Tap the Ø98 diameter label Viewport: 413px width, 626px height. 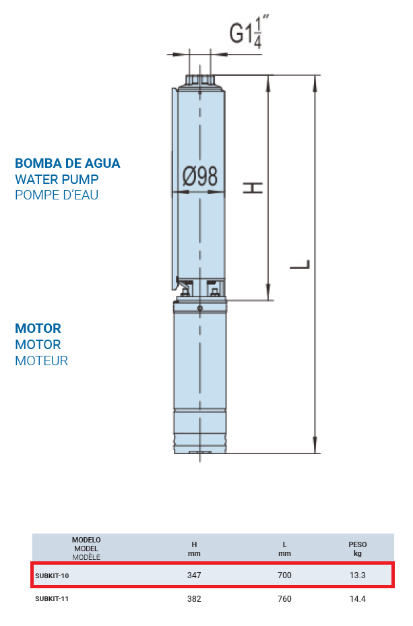(x=200, y=176)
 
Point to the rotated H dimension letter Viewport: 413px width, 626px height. (x=253, y=187)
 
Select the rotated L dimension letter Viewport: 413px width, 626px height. (x=300, y=264)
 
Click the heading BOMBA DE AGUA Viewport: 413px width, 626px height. (x=67, y=163)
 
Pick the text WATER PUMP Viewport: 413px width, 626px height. (x=57, y=179)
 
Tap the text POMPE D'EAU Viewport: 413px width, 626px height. (x=57, y=195)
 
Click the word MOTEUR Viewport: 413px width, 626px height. (x=42, y=361)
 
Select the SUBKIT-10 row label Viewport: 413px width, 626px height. (x=52, y=575)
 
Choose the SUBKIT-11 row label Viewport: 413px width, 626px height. (x=52, y=599)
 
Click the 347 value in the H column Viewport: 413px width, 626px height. (x=194, y=575)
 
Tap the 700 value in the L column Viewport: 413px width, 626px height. (x=284, y=575)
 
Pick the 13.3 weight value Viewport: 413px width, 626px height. (x=358, y=575)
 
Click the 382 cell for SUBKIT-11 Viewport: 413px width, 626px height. (x=194, y=599)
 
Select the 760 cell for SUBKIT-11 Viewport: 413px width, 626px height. (x=284, y=599)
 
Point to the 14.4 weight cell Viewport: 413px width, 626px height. (x=358, y=599)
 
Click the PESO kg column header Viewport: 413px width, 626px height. (x=358, y=549)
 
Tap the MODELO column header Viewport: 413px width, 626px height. (x=86, y=540)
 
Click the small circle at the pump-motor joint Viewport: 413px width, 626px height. (x=200, y=308)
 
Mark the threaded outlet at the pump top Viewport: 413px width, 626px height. (x=200, y=80)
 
